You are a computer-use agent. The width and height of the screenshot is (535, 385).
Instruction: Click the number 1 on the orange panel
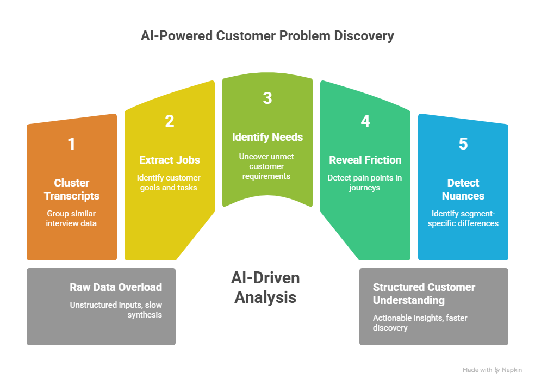pyautogui.click(x=71, y=144)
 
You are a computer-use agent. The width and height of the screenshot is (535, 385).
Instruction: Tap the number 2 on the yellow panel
pyautogui.click(x=170, y=121)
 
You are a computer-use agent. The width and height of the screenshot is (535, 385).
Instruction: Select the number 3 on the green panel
pyautogui.click(x=267, y=98)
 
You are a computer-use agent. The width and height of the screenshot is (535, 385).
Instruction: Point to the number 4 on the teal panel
pyautogui.click(x=365, y=121)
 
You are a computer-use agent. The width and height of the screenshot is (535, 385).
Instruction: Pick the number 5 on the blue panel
pyautogui.click(x=463, y=144)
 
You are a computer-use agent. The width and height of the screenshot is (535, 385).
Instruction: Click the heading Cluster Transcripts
pyautogui.click(x=72, y=189)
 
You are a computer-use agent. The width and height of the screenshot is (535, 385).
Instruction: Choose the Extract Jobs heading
pyautogui.click(x=170, y=160)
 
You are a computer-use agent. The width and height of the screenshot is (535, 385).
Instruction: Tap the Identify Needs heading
pyautogui.click(x=267, y=137)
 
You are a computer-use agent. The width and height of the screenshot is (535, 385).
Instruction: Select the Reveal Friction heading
pyautogui.click(x=365, y=160)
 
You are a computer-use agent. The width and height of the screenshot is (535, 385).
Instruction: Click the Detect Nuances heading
pyautogui.click(x=463, y=189)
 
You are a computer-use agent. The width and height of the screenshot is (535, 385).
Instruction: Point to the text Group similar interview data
pyautogui.click(x=72, y=219)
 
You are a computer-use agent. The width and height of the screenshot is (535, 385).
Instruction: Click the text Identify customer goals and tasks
pyautogui.click(x=170, y=183)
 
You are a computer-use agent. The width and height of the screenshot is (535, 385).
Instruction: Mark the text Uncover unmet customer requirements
pyautogui.click(x=267, y=166)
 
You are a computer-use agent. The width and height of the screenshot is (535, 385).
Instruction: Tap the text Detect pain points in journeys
pyautogui.click(x=365, y=183)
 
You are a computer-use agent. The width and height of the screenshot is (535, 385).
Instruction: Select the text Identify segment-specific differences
pyautogui.click(x=463, y=219)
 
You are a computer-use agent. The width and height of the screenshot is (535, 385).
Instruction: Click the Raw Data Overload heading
pyautogui.click(x=116, y=287)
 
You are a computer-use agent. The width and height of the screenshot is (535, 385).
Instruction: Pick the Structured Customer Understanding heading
pyautogui.click(x=424, y=294)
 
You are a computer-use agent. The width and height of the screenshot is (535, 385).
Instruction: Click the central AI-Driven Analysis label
pyautogui.click(x=265, y=288)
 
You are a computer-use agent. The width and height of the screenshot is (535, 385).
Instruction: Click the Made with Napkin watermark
pyautogui.click(x=492, y=370)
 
